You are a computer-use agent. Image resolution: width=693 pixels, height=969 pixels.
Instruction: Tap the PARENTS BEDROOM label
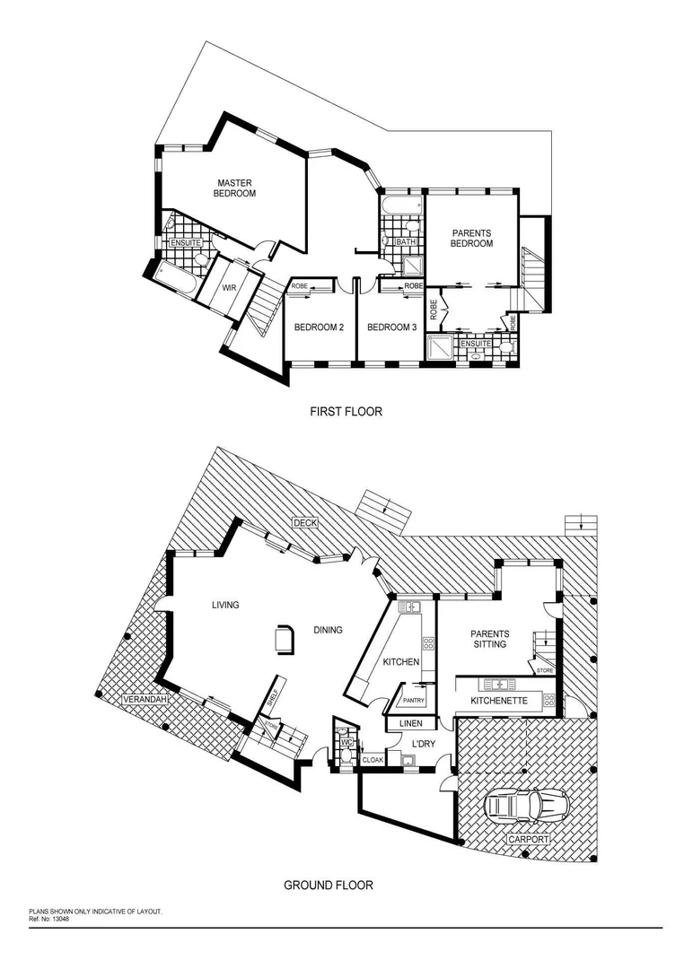471,238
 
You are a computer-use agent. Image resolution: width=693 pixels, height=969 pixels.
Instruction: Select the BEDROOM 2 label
319,327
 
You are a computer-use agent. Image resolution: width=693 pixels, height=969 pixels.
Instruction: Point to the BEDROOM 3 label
392,327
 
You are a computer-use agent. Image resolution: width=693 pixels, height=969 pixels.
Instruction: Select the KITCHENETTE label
499,699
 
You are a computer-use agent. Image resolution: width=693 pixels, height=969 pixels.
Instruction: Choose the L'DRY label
423,745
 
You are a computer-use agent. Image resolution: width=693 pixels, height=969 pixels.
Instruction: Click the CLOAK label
372,760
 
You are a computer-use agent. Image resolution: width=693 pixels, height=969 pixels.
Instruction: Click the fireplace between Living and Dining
285,638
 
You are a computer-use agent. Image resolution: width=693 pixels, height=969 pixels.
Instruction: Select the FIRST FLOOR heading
346,412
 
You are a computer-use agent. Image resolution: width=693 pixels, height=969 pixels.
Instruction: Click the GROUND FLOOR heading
329,885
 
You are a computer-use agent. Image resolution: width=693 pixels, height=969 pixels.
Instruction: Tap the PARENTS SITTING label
489,639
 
